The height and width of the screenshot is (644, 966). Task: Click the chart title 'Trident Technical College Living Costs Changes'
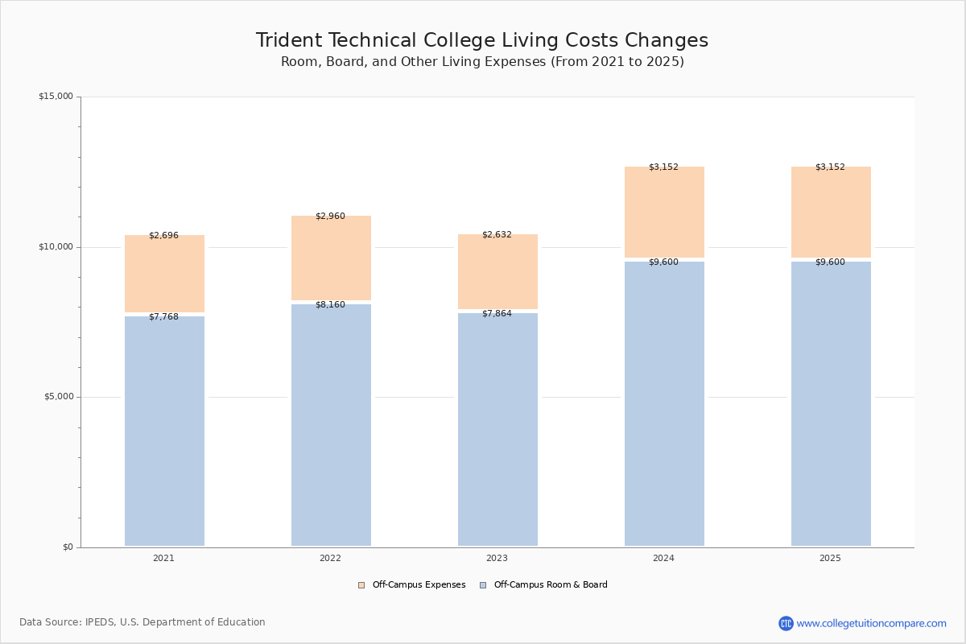[x=482, y=40]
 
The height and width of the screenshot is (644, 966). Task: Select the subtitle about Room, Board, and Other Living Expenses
[x=482, y=62]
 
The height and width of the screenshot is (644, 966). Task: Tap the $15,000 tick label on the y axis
[x=56, y=97]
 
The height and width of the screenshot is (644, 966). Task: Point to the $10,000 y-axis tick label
[x=56, y=247]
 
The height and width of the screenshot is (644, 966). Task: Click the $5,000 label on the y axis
[x=57, y=397]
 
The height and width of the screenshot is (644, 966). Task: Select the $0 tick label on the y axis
[x=68, y=547]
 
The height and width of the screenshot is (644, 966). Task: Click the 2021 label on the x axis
[x=163, y=558]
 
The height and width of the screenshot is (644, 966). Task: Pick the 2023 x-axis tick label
[x=497, y=558]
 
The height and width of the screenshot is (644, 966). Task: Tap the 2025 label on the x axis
[x=830, y=558]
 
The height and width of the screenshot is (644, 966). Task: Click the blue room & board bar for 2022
[x=331, y=427]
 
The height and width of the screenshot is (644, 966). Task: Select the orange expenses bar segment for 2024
[x=664, y=213]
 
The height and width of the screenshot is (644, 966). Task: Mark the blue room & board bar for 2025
[x=831, y=402]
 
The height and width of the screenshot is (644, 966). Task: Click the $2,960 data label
[x=330, y=216]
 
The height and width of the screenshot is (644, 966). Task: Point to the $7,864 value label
[x=497, y=313]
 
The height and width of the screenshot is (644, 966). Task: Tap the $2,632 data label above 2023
[x=497, y=234]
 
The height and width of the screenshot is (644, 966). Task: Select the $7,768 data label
[x=163, y=316]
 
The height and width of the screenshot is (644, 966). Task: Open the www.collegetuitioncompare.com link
[x=871, y=623]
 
